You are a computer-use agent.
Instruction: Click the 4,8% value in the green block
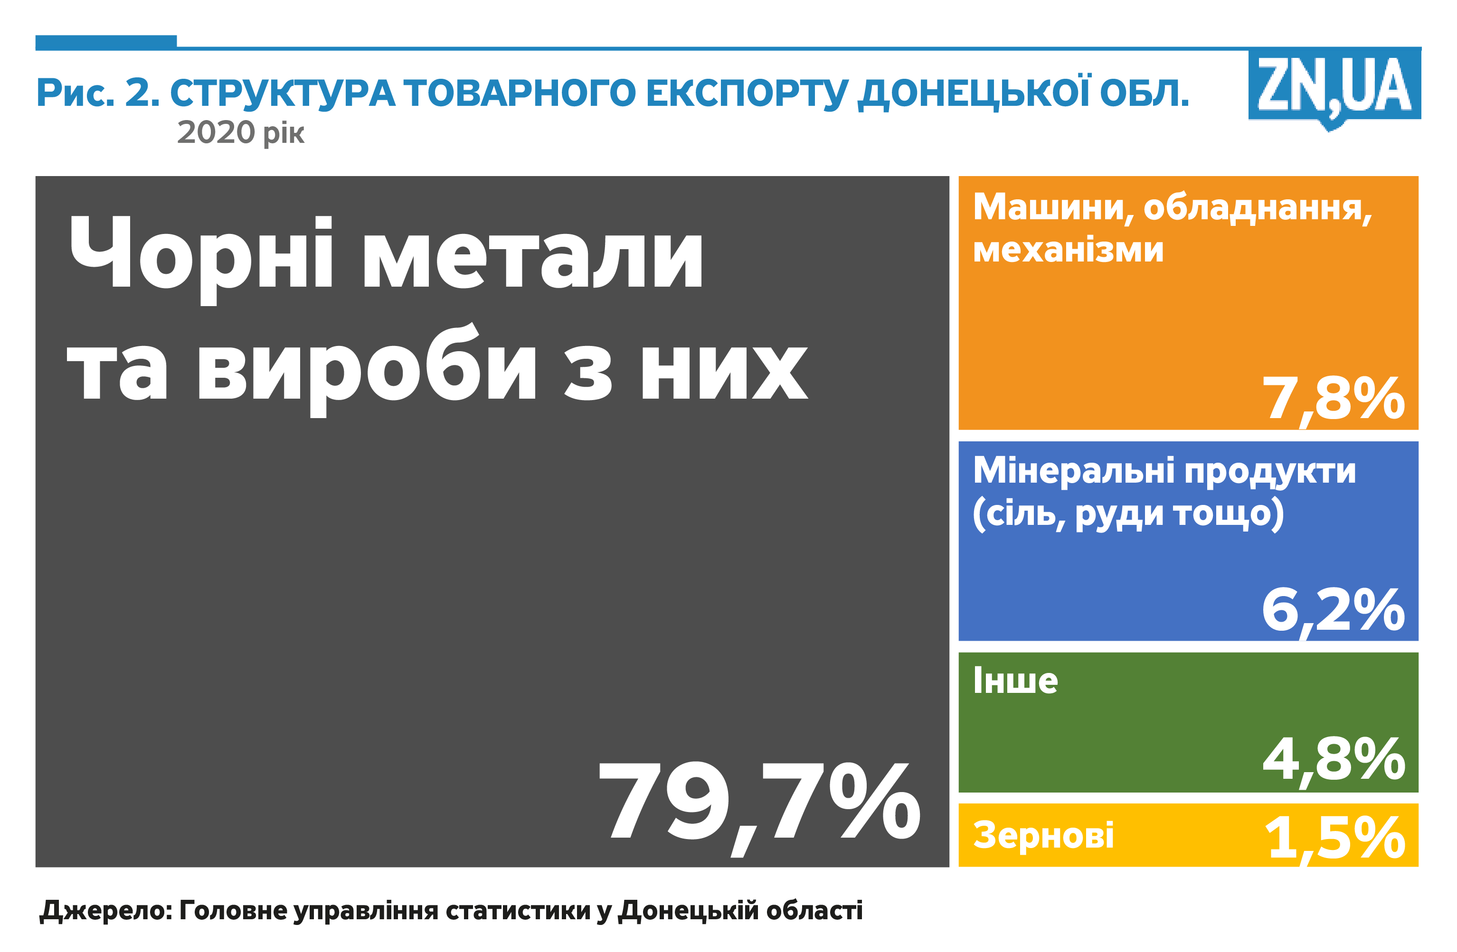pos(1334,762)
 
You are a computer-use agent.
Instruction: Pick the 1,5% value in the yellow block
pos(1334,839)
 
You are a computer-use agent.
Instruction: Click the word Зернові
pos(1043,836)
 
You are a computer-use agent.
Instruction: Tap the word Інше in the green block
pos(1015,681)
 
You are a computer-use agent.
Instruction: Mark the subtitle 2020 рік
pos(241,133)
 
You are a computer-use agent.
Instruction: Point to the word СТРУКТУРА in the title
pos(282,93)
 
